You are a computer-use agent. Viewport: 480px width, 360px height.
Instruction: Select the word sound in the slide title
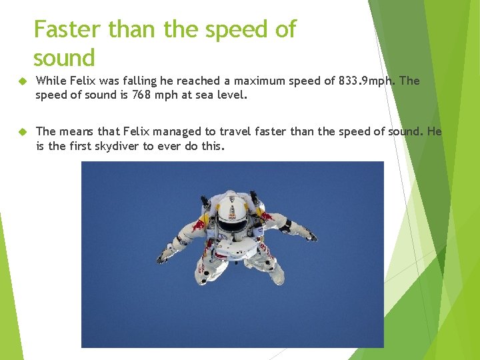pos(64,58)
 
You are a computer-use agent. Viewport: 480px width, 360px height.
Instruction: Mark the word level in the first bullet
pos(231,95)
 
